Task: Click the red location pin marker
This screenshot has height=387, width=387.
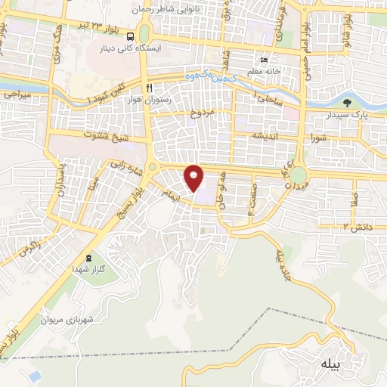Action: [194, 178]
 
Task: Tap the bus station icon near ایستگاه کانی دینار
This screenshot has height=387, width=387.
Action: [132, 36]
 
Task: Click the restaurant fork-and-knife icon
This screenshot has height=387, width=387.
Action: [150, 87]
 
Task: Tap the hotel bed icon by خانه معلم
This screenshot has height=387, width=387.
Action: [263, 60]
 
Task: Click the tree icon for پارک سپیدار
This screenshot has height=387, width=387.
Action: [348, 104]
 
